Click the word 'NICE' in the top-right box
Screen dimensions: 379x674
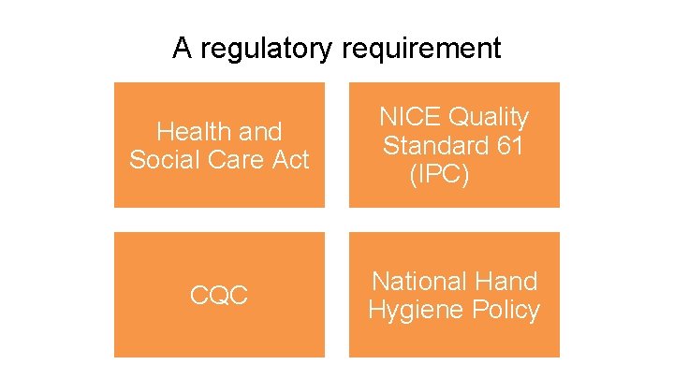pos(409,118)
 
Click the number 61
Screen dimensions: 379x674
pos(510,146)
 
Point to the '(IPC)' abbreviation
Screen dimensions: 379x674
pos(439,175)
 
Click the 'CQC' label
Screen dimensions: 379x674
pos(218,297)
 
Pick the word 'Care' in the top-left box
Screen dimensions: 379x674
pos(232,160)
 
